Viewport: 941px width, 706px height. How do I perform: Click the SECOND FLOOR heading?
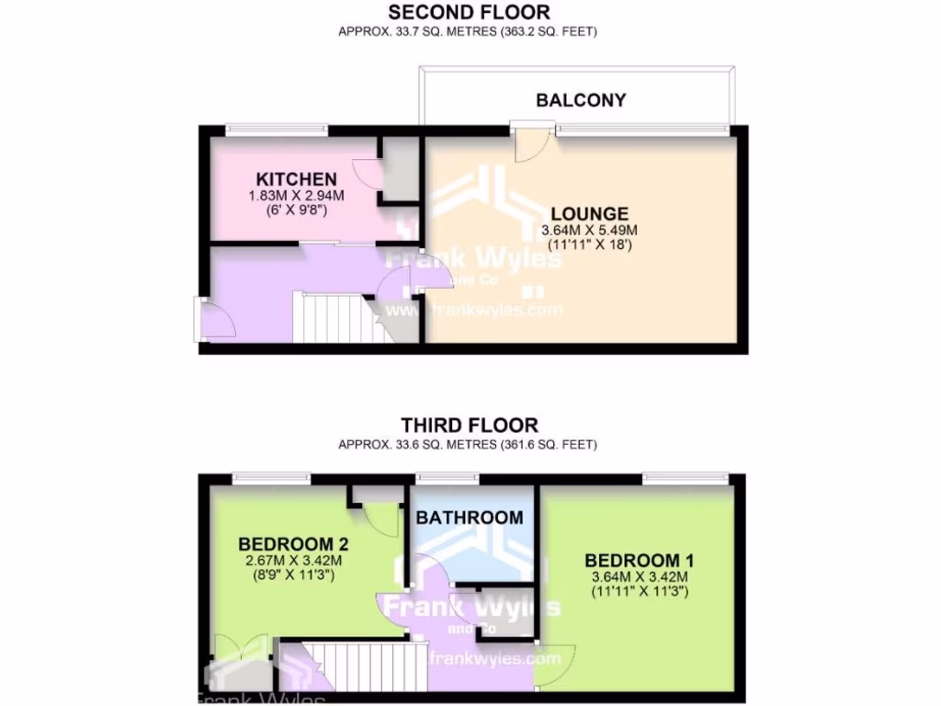tap(469, 13)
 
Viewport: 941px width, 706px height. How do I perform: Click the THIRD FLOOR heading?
tap(469, 426)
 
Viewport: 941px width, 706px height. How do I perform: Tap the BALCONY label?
tap(581, 99)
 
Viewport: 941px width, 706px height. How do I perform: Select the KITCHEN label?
tap(296, 179)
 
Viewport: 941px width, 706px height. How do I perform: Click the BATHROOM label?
tap(470, 518)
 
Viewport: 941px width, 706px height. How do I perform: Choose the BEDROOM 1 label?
tap(639, 561)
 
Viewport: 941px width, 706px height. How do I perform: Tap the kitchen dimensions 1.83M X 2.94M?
tap(296, 196)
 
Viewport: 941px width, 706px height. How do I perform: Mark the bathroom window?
tap(447, 478)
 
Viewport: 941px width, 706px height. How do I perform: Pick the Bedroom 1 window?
tap(687, 478)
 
